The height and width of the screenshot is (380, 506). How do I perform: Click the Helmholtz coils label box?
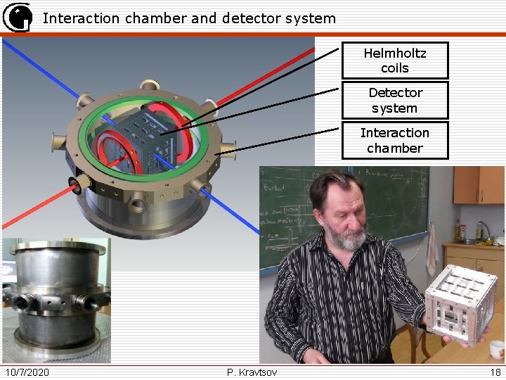click(394, 61)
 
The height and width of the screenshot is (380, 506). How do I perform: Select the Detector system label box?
click(394, 101)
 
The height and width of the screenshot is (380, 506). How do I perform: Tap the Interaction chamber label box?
click(394, 141)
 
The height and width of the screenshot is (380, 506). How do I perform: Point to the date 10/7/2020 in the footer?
click(27, 372)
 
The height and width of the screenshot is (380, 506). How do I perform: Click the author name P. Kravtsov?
click(252, 372)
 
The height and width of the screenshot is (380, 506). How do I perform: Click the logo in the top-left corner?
click(17, 17)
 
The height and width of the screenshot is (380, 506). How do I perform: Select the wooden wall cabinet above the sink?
click(479, 184)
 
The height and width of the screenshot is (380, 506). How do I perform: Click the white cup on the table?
click(497, 349)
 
